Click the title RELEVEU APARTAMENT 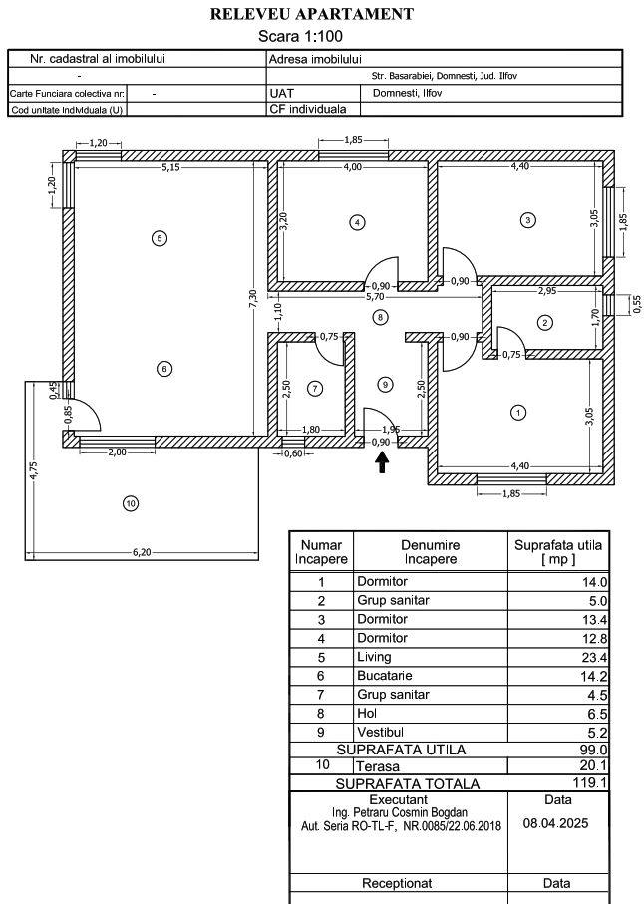point(313,14)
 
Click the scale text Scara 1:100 point(313,35)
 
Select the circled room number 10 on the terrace point(130,503)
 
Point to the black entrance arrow point(382,460)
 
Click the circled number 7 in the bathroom point(315,387)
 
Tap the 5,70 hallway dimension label point(375,296)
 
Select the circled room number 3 point(528,219)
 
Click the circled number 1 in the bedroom point(517,411)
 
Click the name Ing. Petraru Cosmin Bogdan point(398,812)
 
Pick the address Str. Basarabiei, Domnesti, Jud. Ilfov point(444,76)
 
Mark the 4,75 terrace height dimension point(33,471)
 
